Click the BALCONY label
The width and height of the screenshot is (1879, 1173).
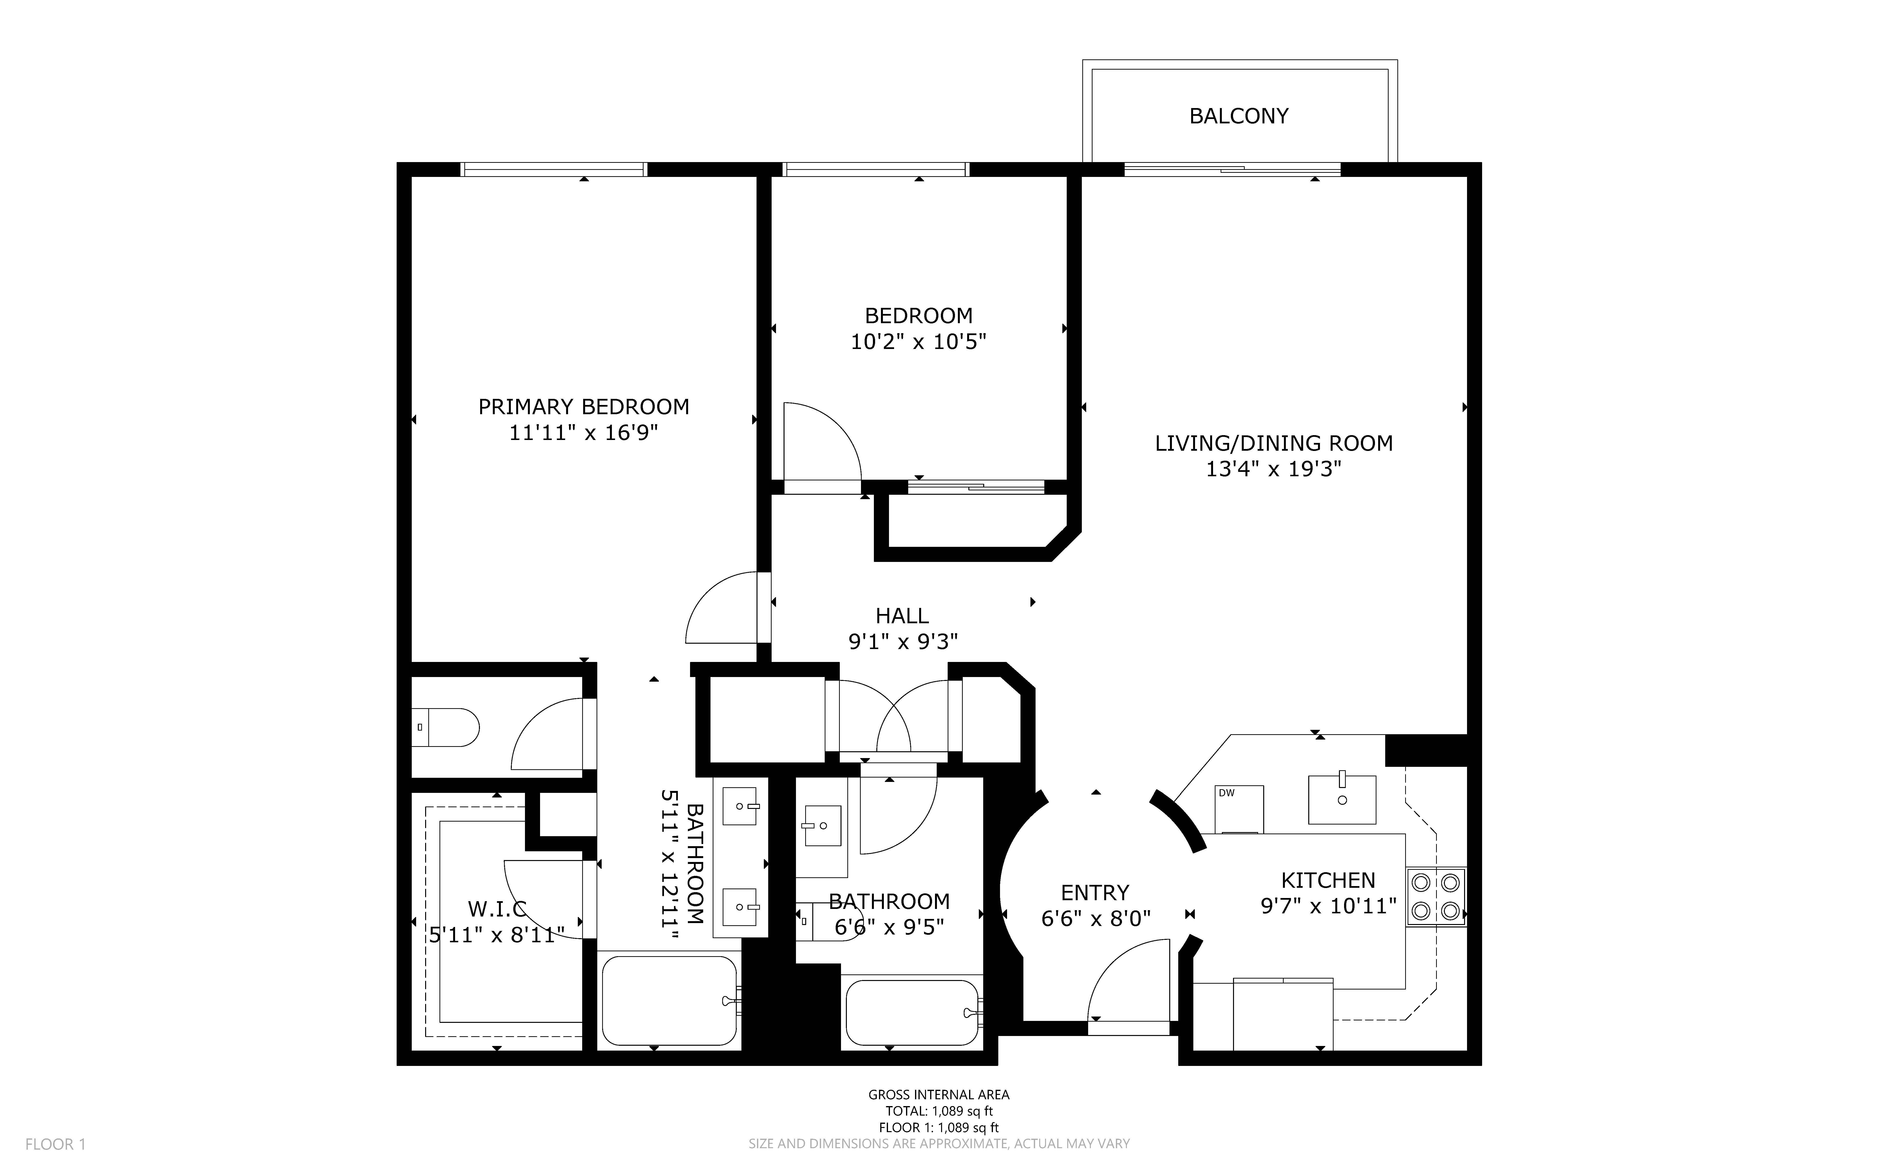tap(1239, 116)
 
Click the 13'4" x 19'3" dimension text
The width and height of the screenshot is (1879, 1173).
tap(1274, 469)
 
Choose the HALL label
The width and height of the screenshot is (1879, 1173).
tap(902, 616)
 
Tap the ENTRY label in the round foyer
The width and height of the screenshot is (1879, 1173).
tap(1095, 893)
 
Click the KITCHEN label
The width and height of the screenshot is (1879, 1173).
tap(1328, 880)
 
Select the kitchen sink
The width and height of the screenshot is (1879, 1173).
tap(1342, 799)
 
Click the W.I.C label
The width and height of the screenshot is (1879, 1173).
tap(497, 908)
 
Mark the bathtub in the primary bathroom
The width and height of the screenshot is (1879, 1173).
tap(669, 1001)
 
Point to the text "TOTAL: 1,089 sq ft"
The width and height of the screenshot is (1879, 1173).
tap(939, 1111)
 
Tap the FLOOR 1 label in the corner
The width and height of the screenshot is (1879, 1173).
tap(55, 1144)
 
